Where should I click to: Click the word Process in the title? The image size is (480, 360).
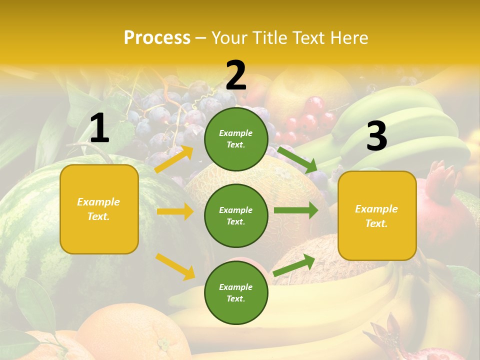157,37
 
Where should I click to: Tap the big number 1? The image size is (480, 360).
99,128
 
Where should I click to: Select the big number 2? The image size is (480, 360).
236,75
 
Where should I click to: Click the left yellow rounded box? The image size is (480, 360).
99,209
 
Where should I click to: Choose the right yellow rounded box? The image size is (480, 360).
377,215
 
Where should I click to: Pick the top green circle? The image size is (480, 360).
236,139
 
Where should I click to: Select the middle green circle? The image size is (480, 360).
236,215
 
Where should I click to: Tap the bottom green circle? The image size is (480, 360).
236,292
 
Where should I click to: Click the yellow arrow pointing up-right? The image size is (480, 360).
174,159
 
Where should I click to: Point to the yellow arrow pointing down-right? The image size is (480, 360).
175,266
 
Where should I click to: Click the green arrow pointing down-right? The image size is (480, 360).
297,159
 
